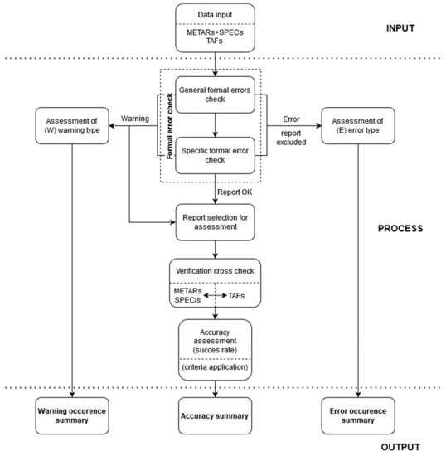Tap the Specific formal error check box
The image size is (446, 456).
(x=216, y=153)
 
